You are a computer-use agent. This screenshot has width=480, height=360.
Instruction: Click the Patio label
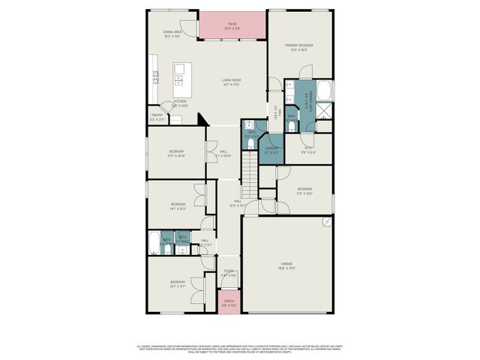pyautogui.click(x=232, y=25)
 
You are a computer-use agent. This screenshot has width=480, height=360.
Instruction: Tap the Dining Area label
pyautogui.click(x=172, y=34)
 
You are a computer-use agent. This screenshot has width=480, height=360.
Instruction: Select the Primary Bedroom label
pyautogui.click(x=298, y=47)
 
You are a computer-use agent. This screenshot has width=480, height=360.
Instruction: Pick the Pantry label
pyautogui.click(x=157, y=117)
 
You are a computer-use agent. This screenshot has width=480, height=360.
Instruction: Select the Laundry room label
pyautogui.click(x=271, y=150)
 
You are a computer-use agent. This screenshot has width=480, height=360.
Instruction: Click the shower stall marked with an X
pyautogui.click(x=325, y=112)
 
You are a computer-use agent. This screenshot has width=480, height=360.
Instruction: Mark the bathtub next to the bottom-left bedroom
pyautogui.click(x=154, y=242)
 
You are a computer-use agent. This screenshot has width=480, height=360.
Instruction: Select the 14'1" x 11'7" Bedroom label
pyautogui.click(x=177, y=283)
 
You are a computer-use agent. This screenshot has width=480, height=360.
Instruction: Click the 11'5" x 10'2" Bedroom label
pyautogui.click(x=304, y=190)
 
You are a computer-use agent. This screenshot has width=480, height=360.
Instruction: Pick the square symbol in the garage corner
pyautogui.click(x=327, y=222)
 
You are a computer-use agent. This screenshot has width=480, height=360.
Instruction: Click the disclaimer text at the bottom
pyautogui.click(x=240, y=349)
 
